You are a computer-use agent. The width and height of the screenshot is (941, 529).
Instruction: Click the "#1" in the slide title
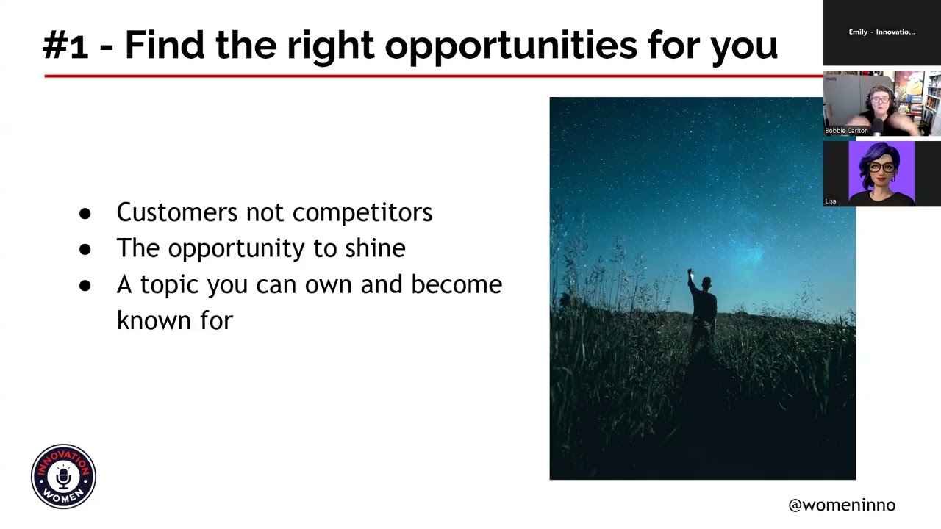[65, 46]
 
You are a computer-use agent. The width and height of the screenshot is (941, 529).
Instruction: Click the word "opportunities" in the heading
[511, 46]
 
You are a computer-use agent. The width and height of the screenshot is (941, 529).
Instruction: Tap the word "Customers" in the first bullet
[176, 212]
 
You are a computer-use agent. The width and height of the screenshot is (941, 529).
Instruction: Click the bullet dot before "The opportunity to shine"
[85, 249]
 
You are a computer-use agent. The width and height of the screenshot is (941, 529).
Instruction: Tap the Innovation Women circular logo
[64, 477]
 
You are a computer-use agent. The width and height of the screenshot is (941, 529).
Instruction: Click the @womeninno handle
[841, 505]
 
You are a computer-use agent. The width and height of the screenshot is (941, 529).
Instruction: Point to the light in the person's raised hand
[690, 273]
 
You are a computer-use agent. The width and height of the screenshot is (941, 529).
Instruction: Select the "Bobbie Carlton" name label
[846, 131]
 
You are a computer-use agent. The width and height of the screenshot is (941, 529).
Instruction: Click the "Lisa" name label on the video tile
[830, 201]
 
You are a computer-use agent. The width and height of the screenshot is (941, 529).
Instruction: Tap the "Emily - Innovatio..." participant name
[881, 32]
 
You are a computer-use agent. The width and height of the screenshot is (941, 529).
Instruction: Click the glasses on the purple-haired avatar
[881, 167]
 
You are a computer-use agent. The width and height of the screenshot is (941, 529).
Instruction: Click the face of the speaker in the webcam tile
[879, 99]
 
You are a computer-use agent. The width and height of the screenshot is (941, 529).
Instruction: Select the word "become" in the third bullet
[456, 284]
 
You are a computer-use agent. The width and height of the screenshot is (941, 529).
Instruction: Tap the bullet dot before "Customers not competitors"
[85, 213]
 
